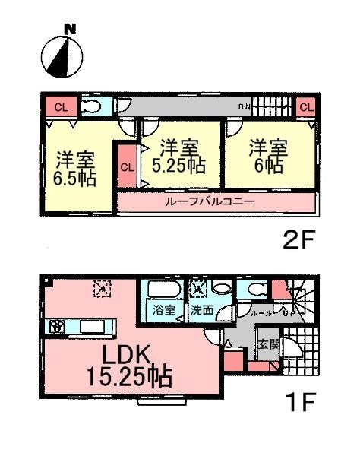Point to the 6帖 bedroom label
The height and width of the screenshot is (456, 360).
point(267,156)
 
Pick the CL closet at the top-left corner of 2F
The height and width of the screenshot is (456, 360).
point(61,107)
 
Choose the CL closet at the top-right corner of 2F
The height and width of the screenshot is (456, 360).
point(305,107)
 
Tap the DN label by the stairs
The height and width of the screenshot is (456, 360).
point(244,107)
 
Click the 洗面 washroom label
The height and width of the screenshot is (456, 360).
point(202,310)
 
